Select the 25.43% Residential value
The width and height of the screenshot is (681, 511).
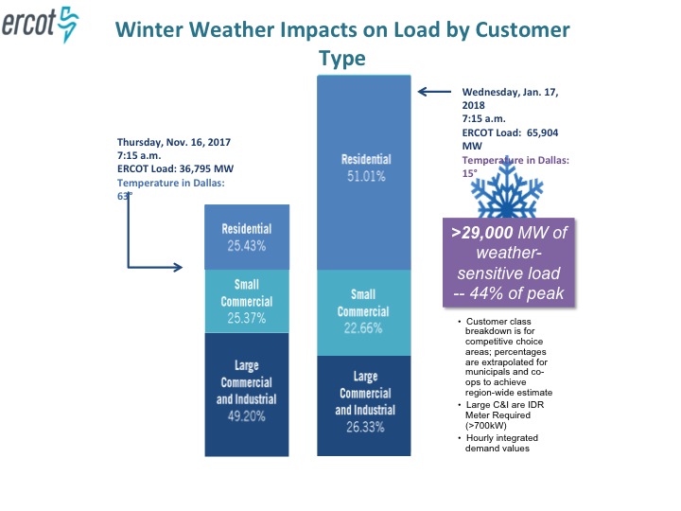247,245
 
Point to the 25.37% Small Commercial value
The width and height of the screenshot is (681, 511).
247,318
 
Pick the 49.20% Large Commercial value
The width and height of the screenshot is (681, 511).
247,414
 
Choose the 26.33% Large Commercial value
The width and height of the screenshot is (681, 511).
366,427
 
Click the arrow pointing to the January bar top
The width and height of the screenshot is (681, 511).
435,92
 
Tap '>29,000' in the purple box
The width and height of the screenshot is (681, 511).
481,233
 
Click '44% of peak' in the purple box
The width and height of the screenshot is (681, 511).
523,293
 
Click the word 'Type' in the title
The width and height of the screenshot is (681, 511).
341,58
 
